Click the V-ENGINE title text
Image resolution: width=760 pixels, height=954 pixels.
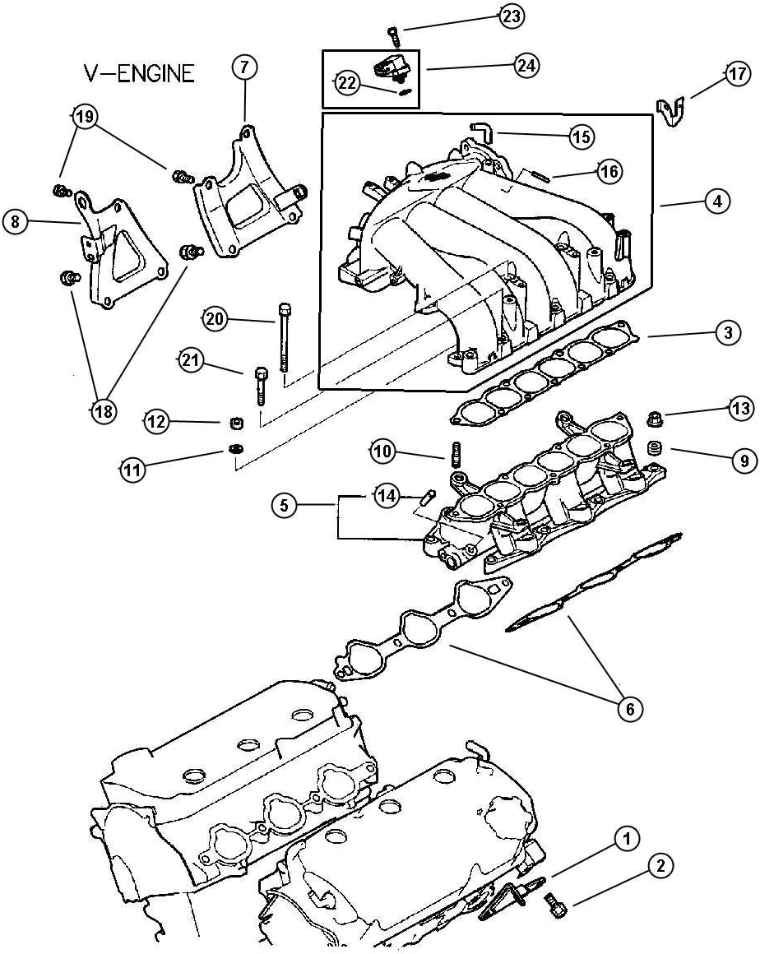[x=138, y=73]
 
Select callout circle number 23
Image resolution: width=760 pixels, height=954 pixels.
[x=512, y=16]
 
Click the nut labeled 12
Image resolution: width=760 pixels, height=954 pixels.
[x=234, y=424]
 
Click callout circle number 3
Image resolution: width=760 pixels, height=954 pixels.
[x=726, y=333]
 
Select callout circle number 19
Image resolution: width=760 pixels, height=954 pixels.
[x=82, y=117]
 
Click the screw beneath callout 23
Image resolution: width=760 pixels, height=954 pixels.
[x=394, y=35]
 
